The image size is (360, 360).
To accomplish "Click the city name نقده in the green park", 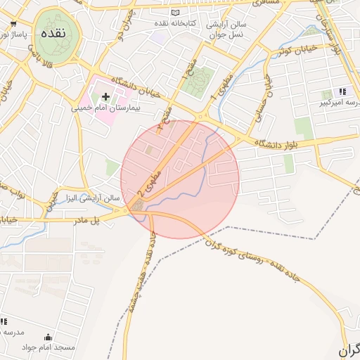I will (x=53, y=34).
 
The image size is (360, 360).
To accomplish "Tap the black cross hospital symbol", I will (x=106, y=96).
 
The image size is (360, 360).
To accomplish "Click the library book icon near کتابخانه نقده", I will (x=175, y=13).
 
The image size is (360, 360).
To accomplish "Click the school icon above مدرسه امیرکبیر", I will (x=343, y=91).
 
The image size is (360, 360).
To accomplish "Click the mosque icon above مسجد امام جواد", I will (x=48, y=337).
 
